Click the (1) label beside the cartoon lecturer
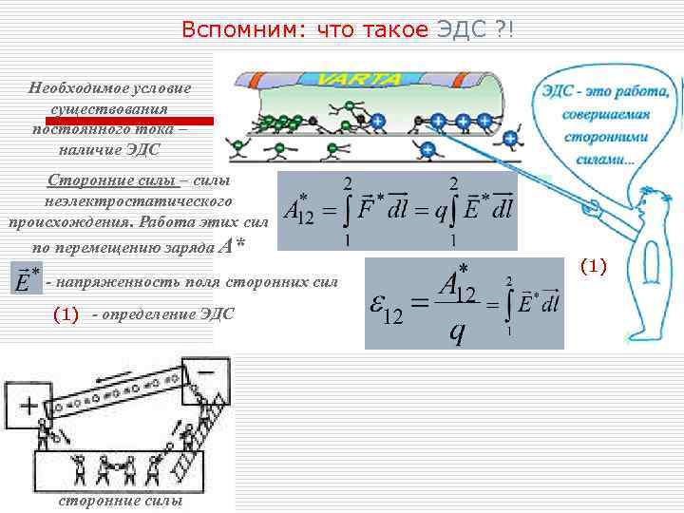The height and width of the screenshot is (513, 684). [592, 267]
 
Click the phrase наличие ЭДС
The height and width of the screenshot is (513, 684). [110, 150]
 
